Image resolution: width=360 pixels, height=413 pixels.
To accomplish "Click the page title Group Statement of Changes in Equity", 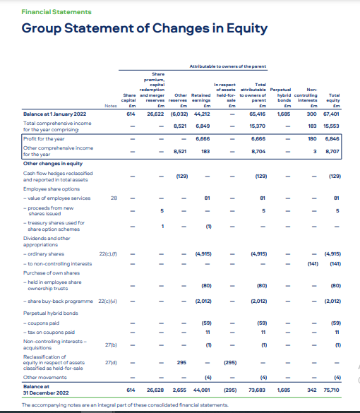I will click(145, 29).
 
